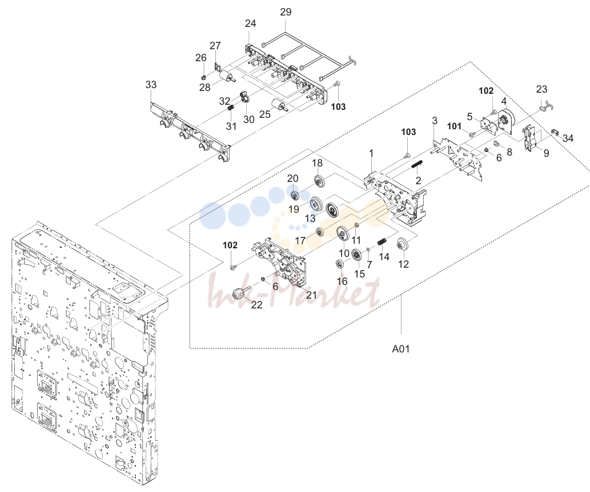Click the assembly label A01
pyautogui.click(x=401, y=349)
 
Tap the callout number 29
pyautogui.click(x=286, y=11)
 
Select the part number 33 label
pyautogui.click(x=151, y=85)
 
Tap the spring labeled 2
pyautogui.click(x=418, y=165)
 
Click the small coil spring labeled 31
pyautogui.click(x=231, y=108)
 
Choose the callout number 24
pyautogui.click(x=250, y=23)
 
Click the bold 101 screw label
pyautogui.click(x=454, y=126)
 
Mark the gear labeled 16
pyautogui.click(x=340, y=264)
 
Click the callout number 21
pyautogui.click(x=311, y=295)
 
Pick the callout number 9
pyautogui.click(x=546, y=153)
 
